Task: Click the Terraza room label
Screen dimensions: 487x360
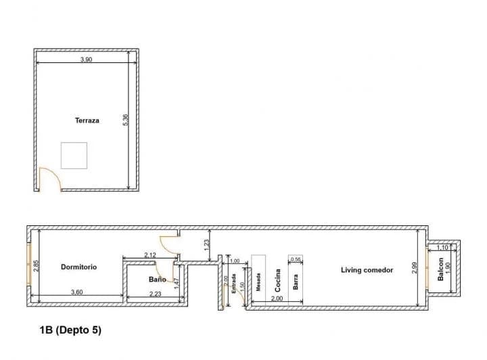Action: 87,120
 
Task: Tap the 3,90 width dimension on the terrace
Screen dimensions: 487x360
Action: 87,60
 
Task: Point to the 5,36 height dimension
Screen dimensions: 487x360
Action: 126,120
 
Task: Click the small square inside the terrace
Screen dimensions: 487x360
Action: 74,156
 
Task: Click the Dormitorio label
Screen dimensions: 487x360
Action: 78,267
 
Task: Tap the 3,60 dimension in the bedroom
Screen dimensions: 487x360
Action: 76,292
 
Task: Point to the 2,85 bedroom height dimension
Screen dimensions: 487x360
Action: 36,266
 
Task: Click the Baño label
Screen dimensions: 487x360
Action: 157,279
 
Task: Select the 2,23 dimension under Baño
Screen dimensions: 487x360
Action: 156,294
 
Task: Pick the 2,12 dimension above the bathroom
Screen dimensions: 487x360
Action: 150,255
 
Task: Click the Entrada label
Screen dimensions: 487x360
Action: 234,284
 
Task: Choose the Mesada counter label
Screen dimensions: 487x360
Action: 258,282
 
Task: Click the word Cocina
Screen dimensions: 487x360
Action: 278,280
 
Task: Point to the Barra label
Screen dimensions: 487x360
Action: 296,282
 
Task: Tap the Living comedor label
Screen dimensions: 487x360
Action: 367,270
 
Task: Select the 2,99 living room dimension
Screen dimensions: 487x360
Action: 414,268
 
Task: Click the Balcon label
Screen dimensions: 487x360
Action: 440,269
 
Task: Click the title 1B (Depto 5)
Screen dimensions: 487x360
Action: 70,330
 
